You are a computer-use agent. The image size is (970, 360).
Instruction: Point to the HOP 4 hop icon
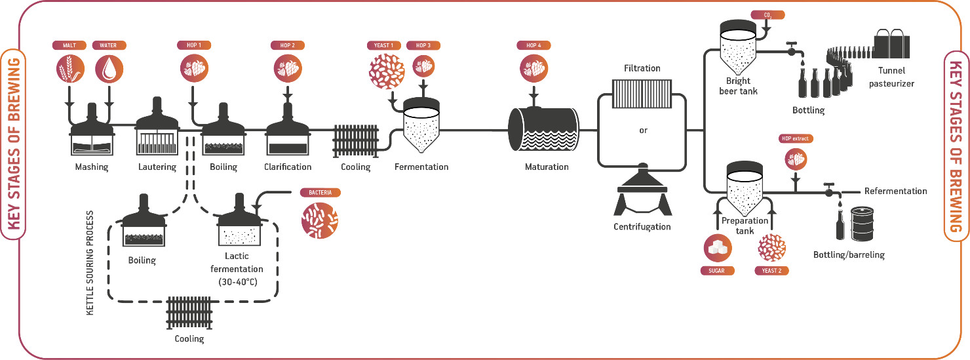coord(533,68)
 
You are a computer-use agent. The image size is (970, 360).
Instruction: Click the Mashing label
coord(92,167)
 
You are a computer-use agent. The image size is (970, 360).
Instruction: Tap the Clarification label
coord(288,167)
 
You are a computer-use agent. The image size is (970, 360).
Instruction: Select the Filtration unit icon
coord(642,94)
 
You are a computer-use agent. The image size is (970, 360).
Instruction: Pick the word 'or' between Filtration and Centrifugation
coord(643,130)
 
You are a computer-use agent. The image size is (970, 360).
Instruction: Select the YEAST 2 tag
coord(771,270)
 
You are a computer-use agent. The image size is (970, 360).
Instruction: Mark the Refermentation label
coord(895,191)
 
